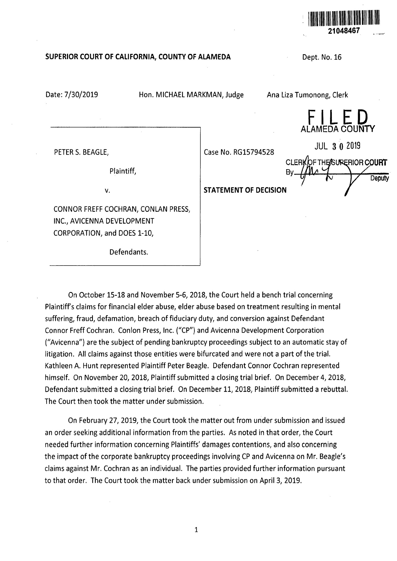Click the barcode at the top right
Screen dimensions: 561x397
[344, 18]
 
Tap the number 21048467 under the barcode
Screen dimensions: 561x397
[344, 31]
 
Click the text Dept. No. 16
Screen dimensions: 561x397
[322, 57]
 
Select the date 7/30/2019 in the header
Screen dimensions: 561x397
[81, 95]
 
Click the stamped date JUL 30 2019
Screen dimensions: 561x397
[337, 146]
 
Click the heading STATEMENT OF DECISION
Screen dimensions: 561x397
[245, 190]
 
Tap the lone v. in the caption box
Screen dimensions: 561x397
[107, 191]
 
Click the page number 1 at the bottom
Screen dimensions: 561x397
[196, 529]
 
